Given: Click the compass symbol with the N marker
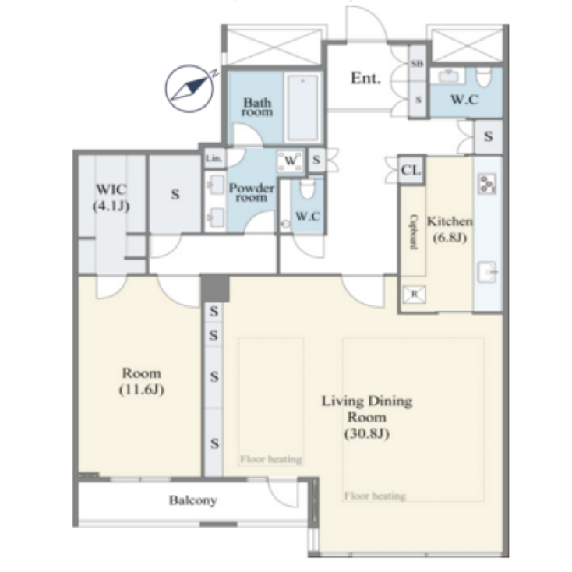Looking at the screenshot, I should (x=189, y=87).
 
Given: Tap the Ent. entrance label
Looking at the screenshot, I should (x=365, y=78).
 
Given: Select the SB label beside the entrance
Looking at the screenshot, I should (x=417, y=63).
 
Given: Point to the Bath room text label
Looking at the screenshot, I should (x=256, y=107).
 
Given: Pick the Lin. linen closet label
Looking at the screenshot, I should (x=214, y=158).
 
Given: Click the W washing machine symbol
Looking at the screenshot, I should (x=290, y=161).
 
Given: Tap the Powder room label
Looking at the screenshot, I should (x=251, y=192).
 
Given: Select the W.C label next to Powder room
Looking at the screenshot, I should (x=306, y=217).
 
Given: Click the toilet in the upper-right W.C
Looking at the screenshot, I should (x=483, y=77).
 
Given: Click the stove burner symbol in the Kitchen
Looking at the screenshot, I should (x=488, y=184).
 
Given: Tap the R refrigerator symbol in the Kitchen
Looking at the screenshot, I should (x=413, y=294).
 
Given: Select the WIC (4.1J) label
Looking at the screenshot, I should (x=111, y=197).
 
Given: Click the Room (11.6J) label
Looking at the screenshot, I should (x=141, y=380).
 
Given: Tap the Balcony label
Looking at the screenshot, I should (x=192, y=500).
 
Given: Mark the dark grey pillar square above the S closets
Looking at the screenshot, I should (x=214, y=288).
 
